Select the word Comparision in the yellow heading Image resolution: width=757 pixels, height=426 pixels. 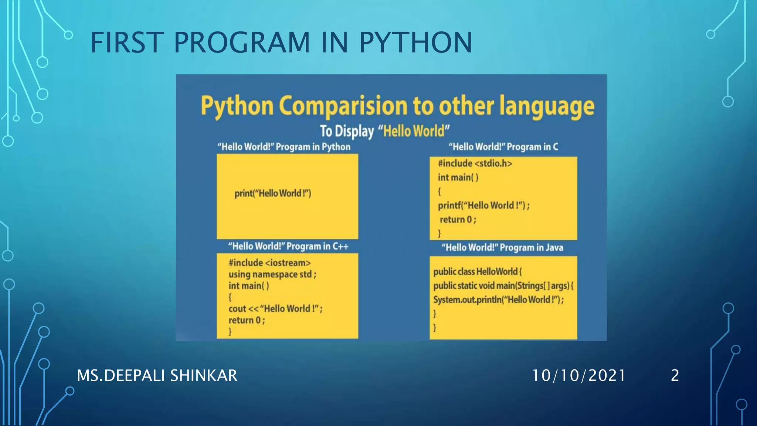coord(343,106)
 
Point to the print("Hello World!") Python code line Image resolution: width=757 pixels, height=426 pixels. coord(273,193)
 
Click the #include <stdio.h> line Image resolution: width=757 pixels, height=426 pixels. coord(475,163)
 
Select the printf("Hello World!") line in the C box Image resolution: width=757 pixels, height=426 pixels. coord(483,206)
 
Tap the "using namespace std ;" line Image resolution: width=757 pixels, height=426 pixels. coord(272,274)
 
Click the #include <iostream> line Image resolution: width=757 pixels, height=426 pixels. coord(269,263)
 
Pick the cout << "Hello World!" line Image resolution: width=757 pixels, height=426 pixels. coord(275,309)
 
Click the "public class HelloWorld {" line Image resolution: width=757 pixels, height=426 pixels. coord(477,272)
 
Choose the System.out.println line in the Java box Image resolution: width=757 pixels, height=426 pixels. coord(498,300)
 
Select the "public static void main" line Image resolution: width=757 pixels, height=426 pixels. coord(503,286)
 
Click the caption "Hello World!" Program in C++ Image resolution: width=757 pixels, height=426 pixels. coord(288,246)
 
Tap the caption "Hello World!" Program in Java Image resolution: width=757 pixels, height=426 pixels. coord(502,247)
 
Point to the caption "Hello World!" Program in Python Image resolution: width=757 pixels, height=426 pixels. coord(284,147)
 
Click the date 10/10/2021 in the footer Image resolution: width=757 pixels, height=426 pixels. coord(578,376)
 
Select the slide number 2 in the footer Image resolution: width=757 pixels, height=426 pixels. coord(675,376)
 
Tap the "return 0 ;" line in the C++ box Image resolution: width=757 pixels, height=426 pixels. coord(247,320)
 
